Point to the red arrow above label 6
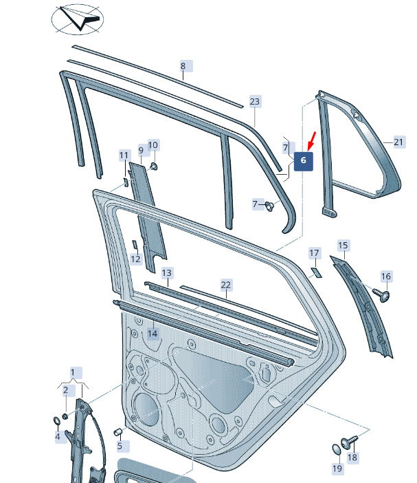[311, 141]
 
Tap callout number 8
[183, 66]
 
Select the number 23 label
[255, 101]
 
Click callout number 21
[399, 142]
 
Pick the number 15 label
[343, 246]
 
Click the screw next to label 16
[382, 294]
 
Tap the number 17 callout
[314, 253]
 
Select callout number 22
[226, 285]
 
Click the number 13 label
[167, 273]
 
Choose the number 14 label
[153, 334]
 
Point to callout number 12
[135, 259]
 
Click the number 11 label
[124, 155]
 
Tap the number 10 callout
[153, 144]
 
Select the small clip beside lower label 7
[269, 206]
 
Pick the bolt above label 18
[349, 441]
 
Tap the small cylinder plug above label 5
[118, 432]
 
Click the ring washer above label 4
[57, 421]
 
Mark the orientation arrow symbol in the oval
[78, 19]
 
